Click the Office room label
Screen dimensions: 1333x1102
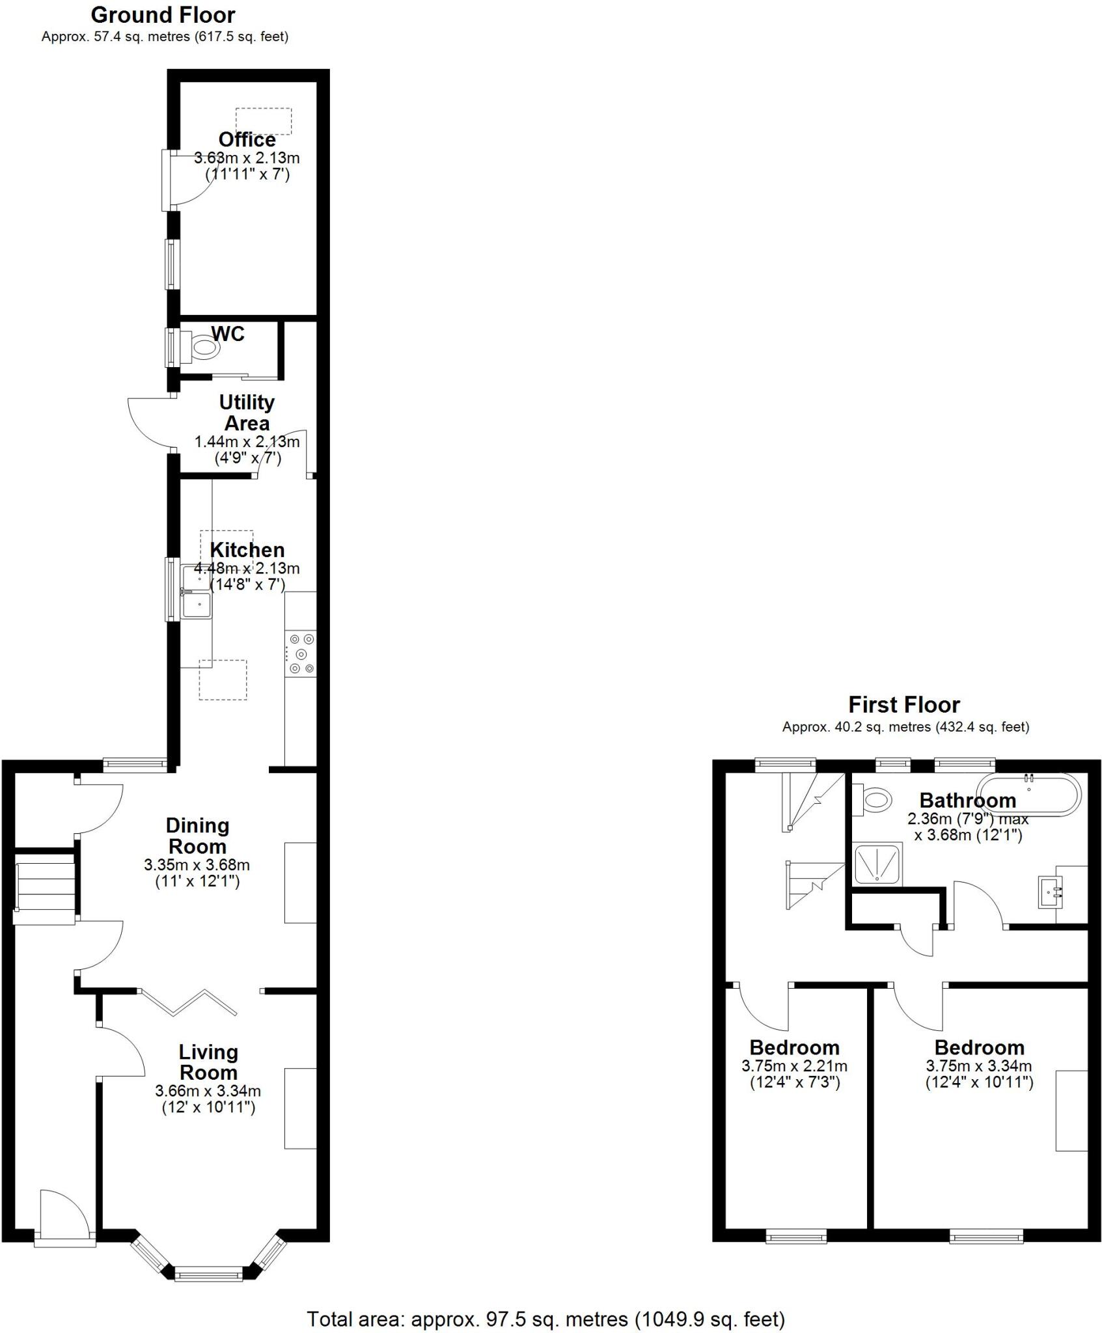coord(247,140)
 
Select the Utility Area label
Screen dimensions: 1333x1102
coord(247,413)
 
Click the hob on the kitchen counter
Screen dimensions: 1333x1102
coord(301,653)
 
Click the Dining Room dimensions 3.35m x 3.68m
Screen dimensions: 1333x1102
coord(197,866)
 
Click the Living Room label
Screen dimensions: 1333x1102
coord(208,1062)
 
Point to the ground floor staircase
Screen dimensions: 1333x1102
coord(44,886)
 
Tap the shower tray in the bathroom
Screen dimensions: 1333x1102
coord(878,864)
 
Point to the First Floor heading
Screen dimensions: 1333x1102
coord(903,705)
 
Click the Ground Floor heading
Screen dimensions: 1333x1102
coord(163,14)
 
